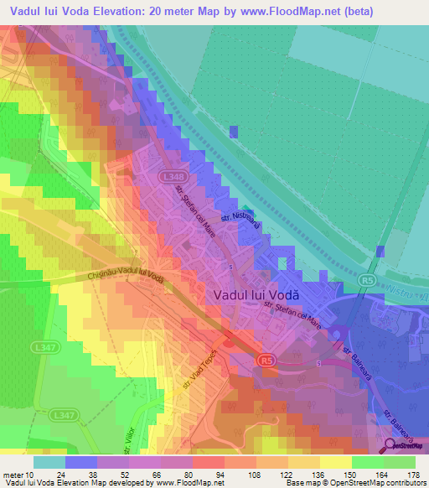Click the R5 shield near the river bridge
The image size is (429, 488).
point(367,279)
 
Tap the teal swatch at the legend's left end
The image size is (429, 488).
point(49,461)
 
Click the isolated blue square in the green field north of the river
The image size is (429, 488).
point(234,131)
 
